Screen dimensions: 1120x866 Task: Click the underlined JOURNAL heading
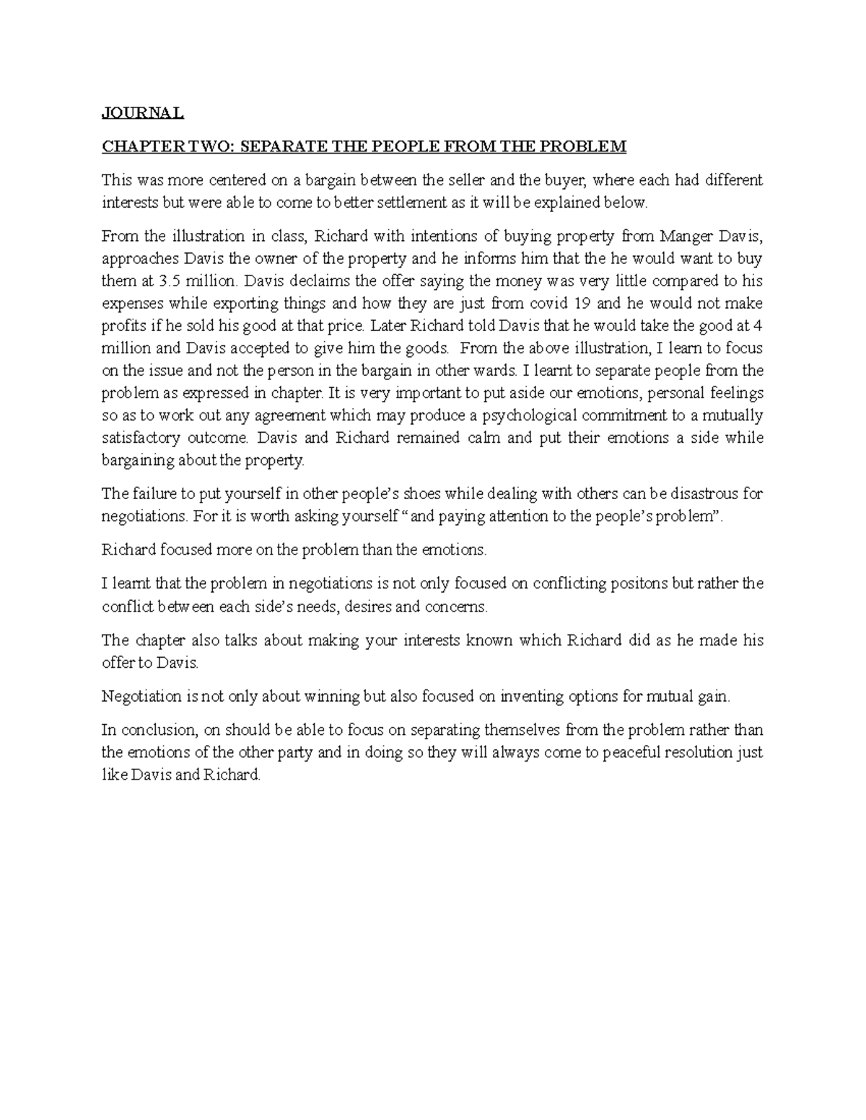pos(143,113)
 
